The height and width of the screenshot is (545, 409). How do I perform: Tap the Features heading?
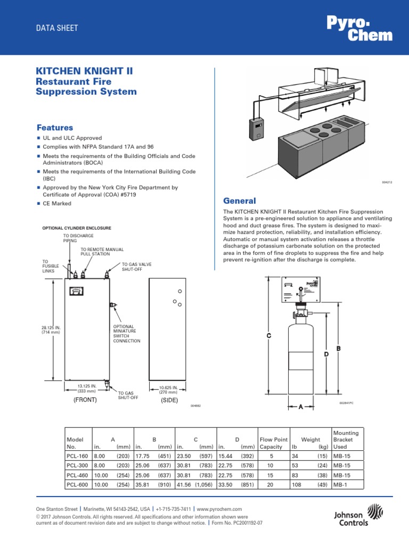tap(54, 128)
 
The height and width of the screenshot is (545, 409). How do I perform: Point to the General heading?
tap(239, 201)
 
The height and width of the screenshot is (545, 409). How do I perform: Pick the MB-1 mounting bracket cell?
tap(339, 485)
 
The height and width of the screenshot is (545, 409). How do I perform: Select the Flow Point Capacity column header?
tap(274, 443)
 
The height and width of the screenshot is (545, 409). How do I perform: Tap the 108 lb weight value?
tap(296, 485)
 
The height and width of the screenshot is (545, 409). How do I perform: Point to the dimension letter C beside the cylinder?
tap(269, 336)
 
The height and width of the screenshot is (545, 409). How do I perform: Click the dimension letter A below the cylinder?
tap(300, 407)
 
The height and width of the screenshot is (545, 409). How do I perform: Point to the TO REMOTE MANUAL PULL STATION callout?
tap(102, 251)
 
